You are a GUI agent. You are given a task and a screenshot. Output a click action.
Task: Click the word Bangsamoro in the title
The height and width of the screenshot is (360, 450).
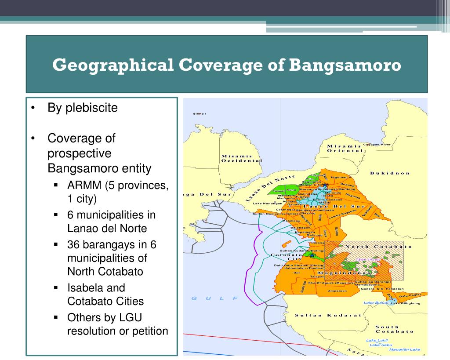[345, 65]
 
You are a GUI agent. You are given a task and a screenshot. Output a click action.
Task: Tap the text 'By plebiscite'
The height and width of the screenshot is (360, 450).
[83, 108]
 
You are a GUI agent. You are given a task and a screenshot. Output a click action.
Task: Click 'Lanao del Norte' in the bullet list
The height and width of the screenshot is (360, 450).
[107, 229]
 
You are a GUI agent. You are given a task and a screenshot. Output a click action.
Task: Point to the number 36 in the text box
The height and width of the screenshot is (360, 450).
[73, 244]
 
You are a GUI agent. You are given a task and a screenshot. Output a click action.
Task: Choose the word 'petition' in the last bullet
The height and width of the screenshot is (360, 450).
[149, 331]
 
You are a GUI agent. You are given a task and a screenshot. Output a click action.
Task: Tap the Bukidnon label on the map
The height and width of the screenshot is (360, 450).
[390, 173]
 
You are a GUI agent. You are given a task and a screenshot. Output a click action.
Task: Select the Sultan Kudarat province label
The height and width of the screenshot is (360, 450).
[328, 315]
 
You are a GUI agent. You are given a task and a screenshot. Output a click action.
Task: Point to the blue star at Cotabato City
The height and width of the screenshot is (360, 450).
[312, 255]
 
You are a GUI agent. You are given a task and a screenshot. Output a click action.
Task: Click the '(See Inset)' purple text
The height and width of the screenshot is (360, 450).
[368, 259]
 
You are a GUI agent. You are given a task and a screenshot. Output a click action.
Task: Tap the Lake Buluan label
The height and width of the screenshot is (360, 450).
[376, 303]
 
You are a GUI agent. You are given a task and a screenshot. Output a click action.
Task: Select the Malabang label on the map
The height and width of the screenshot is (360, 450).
[291, 220]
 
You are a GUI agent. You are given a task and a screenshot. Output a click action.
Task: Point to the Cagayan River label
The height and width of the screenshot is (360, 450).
[377, 144]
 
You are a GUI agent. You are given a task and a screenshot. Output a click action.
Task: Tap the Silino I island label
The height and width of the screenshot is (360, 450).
[200, 114]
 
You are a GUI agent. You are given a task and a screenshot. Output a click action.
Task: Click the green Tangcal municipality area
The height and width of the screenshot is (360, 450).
[279, 191]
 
